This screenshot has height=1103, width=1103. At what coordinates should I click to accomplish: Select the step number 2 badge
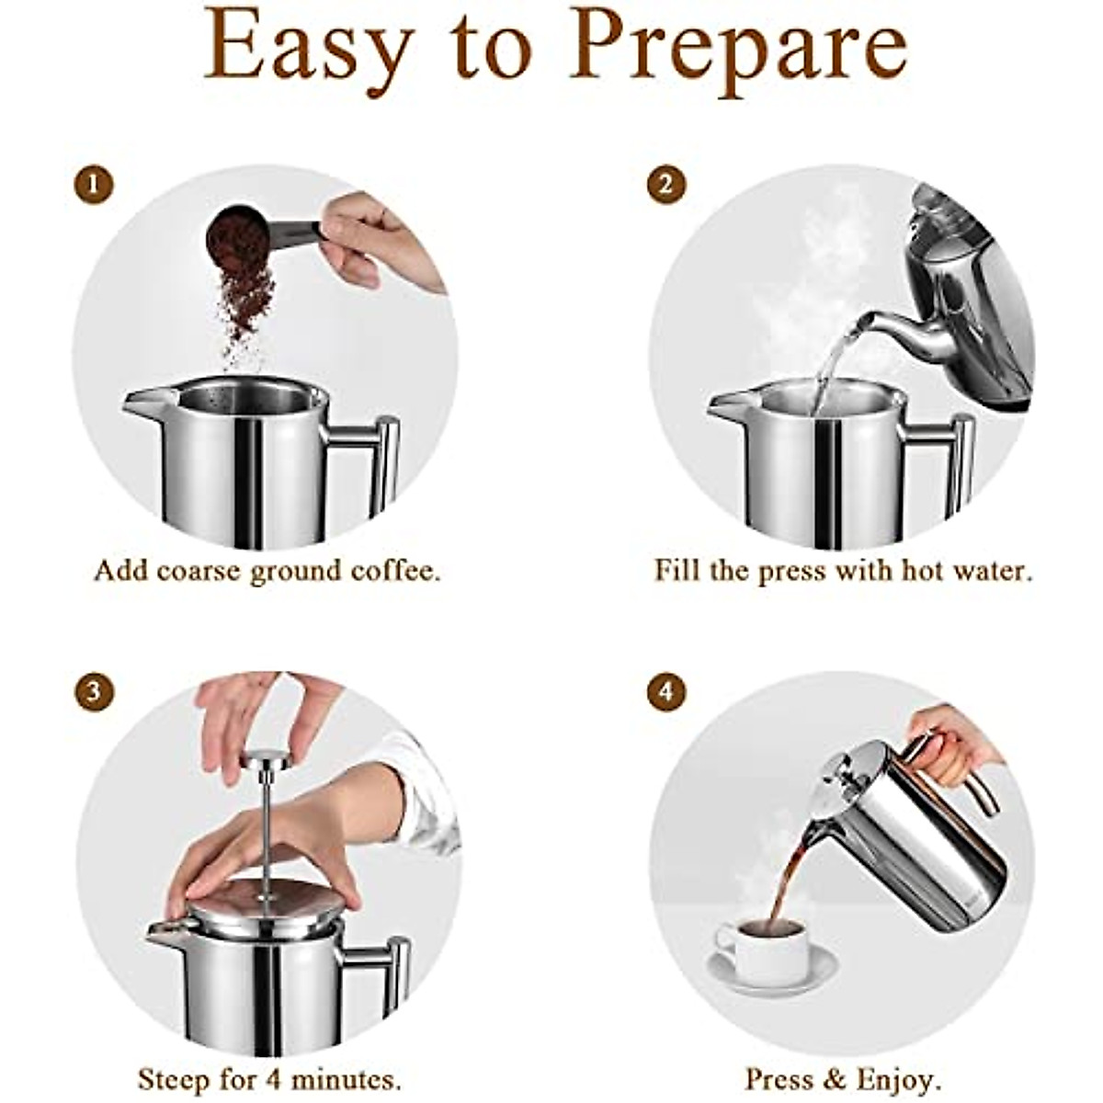coord(665,185)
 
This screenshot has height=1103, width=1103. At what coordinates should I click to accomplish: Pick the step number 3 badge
coord(93,691)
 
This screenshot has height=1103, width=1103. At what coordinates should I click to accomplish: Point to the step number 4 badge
coord(665,691)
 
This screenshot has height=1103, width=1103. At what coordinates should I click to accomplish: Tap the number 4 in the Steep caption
coord(274,1078)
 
